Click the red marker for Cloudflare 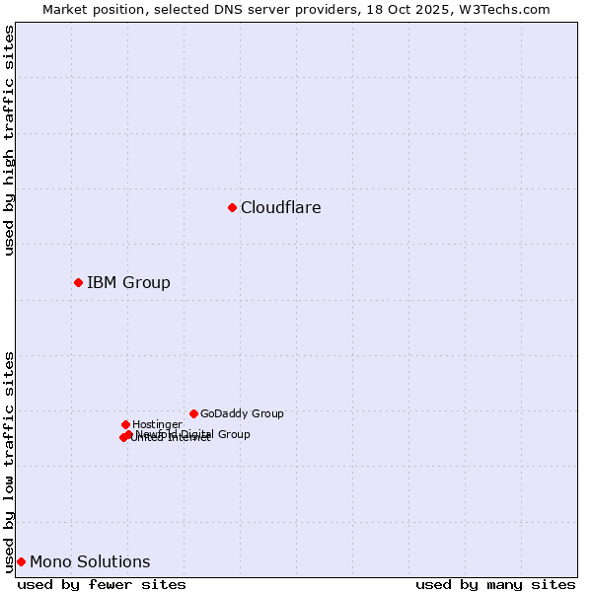[232, 207]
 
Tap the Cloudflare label [280, 207]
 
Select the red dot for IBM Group [78, 283]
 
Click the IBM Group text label [128, 283]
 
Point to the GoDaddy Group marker [193, 413]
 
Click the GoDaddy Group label [242, 414]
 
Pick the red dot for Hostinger [125, 424]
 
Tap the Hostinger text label [157, 425]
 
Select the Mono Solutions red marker [21, 561]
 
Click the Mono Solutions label [90, 562]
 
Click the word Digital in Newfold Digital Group [196, 434]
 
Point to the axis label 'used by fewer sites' [102, 584]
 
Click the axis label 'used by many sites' [495, 584]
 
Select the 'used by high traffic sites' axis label [9, 140]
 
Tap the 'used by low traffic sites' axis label [9, 461]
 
